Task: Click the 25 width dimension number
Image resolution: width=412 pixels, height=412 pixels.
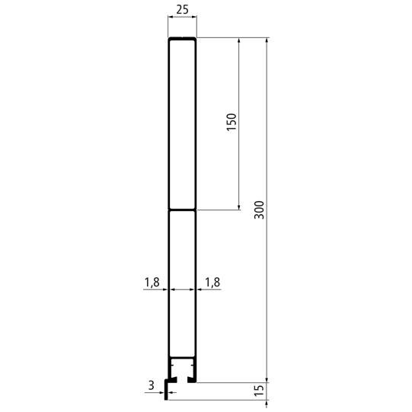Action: point(182,11)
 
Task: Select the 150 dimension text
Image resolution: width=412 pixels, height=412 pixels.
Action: point(232,123)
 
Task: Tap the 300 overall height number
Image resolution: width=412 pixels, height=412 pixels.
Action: point(259,209)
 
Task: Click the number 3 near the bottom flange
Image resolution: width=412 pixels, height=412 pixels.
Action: point(151,387)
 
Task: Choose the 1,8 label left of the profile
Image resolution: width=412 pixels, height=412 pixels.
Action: point(151,283)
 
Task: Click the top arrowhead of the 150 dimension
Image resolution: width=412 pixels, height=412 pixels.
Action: point(239,40)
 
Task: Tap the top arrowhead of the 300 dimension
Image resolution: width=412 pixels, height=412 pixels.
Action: point(267,40)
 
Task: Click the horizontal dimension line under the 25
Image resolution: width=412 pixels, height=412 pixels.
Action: point(182,24)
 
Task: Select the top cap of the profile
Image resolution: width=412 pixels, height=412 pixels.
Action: point(182,38)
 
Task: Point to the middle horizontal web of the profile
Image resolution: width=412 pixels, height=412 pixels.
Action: point(182,209)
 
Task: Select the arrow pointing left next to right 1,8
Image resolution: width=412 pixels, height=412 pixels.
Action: point(200,290)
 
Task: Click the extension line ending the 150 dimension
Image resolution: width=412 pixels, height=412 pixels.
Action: point(221,209)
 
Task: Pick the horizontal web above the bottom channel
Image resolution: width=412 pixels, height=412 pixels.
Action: point(182,358)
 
